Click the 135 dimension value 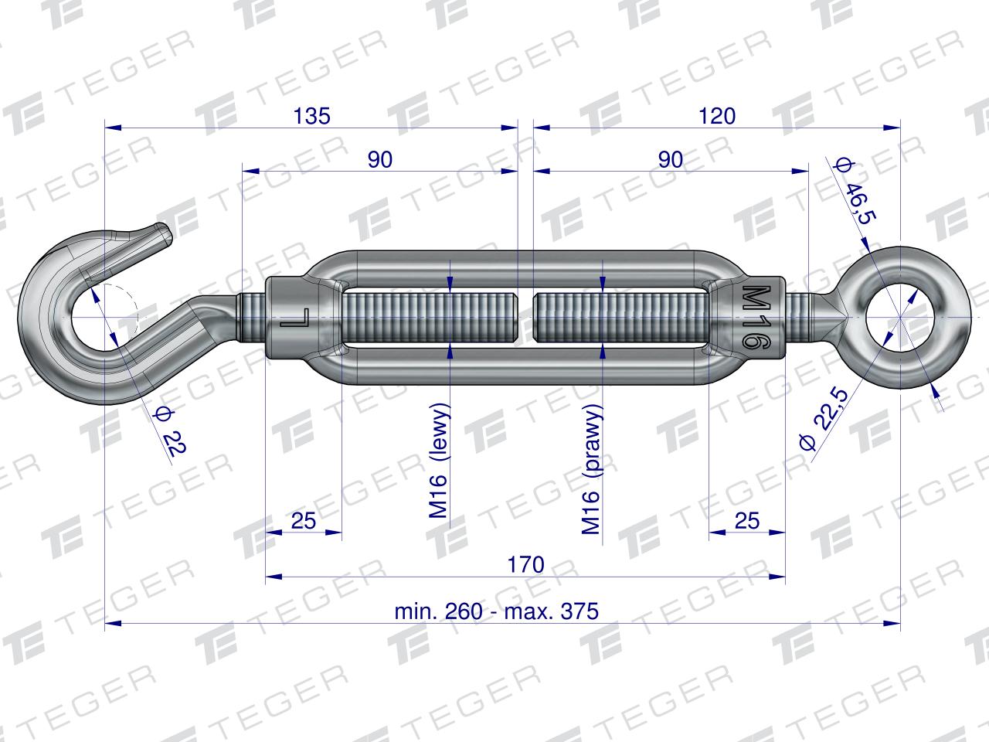click(312, 116)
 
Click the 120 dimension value click(717, 116)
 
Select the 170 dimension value click(526, 564)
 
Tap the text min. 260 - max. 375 click(497, 611)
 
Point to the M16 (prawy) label click(592, 469)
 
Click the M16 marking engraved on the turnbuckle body click(756, 316)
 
